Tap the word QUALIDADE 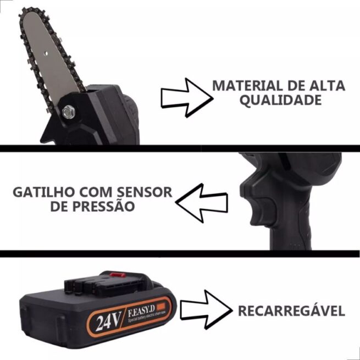click(280, 101)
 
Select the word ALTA click(329, 86)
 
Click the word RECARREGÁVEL click(291, 311)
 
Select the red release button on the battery click(116, 273)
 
